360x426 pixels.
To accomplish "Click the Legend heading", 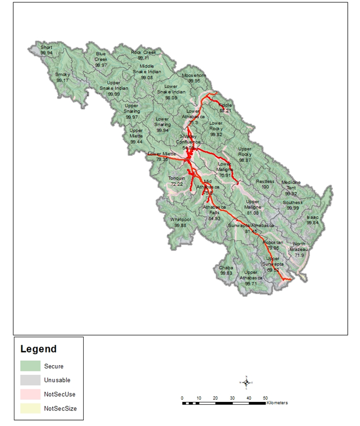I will point(38,350).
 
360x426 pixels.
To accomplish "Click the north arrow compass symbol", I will point(246,381).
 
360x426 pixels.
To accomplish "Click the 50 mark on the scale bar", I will point(265,398).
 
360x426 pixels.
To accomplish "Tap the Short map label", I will point(46,48).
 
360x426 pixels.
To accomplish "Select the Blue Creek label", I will point(101,57).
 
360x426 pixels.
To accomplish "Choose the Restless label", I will point(265,182).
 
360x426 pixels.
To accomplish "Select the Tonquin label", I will point(177,178).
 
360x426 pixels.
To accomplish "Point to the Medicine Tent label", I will point(291,185).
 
